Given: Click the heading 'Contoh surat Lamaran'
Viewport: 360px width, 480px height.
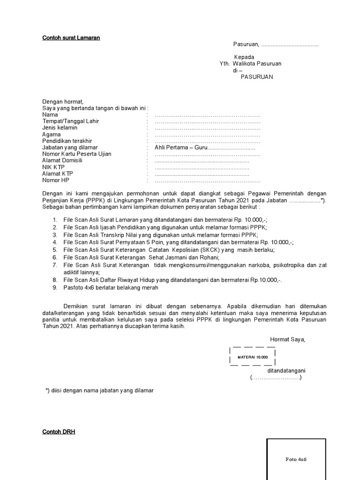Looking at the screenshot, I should [71, 37].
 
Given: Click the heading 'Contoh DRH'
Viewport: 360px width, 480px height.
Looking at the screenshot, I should [59, 432].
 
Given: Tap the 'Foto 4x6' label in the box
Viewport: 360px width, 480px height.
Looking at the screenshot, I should [296, 459].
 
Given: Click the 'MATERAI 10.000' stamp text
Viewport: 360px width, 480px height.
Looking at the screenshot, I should [253, 357].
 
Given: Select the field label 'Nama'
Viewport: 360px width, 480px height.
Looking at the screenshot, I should [50, 115].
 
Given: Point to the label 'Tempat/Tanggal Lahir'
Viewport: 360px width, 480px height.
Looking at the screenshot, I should [70, 121].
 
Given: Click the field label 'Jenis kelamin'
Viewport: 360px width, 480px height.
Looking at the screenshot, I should [60, 128].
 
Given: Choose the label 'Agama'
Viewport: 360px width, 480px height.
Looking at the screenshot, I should [52, 135].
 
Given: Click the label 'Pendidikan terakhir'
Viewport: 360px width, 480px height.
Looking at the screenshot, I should [67, 141].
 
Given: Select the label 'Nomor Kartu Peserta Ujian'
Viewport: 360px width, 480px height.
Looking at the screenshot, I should [77, 154].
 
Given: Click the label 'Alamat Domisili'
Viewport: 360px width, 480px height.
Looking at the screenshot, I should [62, 161].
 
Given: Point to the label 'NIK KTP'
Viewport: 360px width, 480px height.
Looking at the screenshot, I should [53, 167].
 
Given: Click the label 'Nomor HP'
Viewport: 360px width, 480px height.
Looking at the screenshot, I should [56, 180].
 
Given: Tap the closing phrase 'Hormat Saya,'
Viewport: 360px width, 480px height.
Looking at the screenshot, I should [287, 339].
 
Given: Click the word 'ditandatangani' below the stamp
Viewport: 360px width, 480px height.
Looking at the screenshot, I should [286, 370].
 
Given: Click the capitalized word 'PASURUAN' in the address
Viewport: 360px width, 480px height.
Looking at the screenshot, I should [256, 77].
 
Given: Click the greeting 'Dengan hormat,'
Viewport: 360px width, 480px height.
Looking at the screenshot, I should [62, 102].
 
